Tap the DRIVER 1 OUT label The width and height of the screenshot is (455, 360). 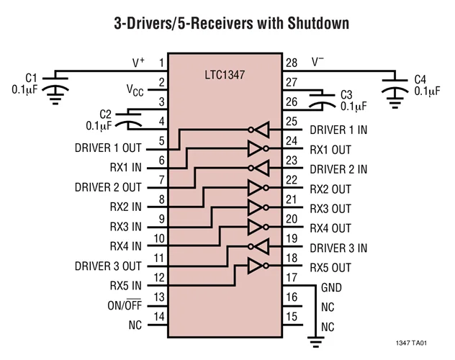coord(107,148)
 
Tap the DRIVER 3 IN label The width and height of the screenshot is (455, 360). coord(338,248)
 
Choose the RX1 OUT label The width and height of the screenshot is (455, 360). coord(330,150)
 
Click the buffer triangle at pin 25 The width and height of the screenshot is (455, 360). coord(262,130)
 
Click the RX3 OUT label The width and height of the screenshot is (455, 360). coord(330,209)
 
